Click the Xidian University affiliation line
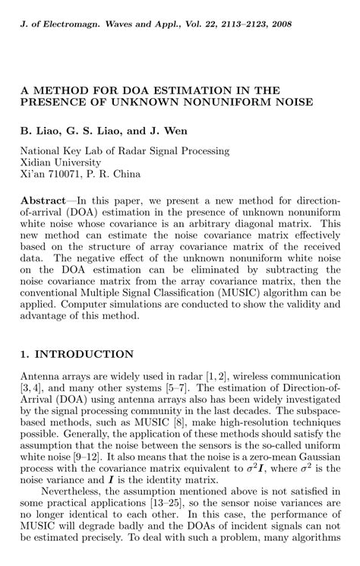click(x=60, y=163)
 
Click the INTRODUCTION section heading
click(x=84, y=354)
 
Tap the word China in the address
click(x=125, y=175)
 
